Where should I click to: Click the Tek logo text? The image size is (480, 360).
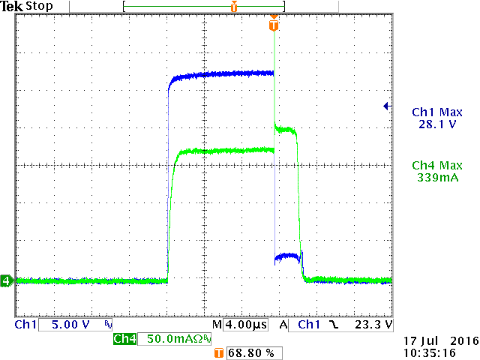click(13, 7)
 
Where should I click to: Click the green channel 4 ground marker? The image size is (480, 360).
click(7, 281)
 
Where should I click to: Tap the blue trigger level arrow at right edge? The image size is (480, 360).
click(386, 106)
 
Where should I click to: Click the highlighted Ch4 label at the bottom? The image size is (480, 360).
click(124, 340)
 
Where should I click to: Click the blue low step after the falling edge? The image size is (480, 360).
click(287, 257)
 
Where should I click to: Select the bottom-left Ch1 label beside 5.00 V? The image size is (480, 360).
click(25, 325)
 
